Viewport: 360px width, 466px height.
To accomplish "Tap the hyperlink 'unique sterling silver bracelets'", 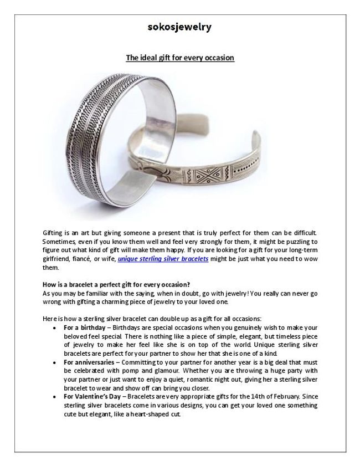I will [x=163, y=259].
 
